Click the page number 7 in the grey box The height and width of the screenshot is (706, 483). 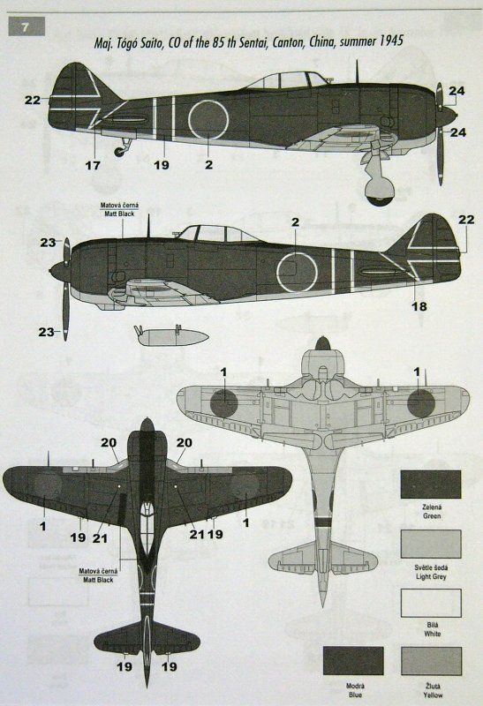[x=25, y=27]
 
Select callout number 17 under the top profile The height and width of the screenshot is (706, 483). [x=93, y=165]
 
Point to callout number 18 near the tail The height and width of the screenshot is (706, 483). [x=419, y=306]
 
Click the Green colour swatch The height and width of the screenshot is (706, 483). [x=431, y=484]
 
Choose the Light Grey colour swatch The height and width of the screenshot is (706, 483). [x=431, y=544]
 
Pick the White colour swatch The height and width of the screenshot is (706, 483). [x=431, y=603]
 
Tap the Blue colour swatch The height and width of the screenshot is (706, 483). [x=353, y=661]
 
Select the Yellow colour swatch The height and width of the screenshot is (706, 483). [x=431, y=661]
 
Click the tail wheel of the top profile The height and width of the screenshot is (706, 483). [x=119, y=152]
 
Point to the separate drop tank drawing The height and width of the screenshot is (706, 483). [x=170, y=336]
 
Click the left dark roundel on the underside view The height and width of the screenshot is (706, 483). [x=224, y=403]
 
